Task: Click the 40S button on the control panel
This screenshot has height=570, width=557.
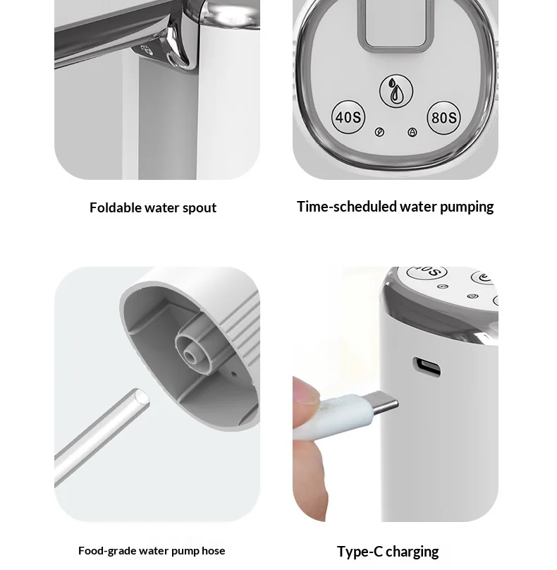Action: pyautogui.click(x=348, y=117)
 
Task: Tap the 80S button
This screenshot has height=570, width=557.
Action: pyautogui.click(x=443, y=117)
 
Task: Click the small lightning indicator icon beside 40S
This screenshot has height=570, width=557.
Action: pyautogui.click(x=379, y=132)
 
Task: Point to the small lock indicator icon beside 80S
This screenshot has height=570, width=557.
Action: pyautogui.click(x=412, y=133)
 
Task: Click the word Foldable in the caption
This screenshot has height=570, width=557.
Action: pyautogui.click(x=116, y=207)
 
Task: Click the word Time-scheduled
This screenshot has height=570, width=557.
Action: pyautogui.click(x=347, y=207)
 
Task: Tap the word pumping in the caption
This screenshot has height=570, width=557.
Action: pyautogui.click(x=467, y=207)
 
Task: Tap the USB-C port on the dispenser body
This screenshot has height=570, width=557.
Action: pyautogui.click(x=427, y=366)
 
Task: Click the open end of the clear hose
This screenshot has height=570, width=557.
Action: pyautogui.click(x=141, y=398)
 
